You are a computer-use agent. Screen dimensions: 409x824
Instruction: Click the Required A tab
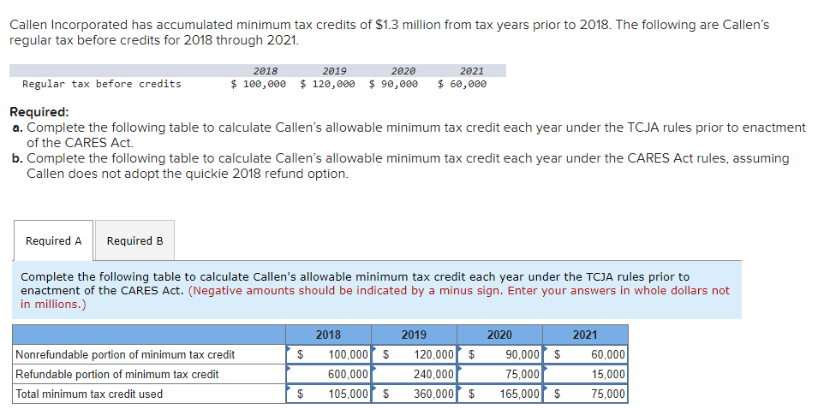tap(54, 241)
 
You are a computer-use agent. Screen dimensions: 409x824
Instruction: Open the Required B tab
tap(134, 241)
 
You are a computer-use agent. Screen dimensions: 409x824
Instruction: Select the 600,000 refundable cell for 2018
tap(339, 374)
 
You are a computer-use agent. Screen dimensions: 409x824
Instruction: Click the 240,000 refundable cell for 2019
tap(425, 374)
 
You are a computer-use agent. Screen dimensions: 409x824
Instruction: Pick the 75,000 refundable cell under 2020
tap(511, 374)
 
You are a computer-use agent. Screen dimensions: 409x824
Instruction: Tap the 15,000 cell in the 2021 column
tap(596, 374)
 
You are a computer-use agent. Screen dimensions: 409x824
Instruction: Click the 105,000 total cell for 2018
tap(339, 394)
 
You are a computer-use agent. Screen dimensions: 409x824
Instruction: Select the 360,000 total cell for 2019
tap(425, 394)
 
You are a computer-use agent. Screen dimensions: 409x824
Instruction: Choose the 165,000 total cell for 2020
tap(511, 394)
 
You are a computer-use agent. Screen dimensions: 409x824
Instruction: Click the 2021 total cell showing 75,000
tap(596, 394)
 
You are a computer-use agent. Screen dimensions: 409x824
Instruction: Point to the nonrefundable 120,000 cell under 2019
tap(425, 354)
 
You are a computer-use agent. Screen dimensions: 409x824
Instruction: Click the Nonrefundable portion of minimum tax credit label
tap(125, 354)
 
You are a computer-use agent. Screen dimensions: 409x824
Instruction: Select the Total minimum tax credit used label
tap(89, 394)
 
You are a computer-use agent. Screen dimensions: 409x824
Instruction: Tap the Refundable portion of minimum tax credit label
tap(117, 374)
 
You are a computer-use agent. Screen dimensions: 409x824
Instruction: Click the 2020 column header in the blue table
tap(499, 335)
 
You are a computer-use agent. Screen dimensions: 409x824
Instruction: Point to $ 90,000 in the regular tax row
tap(394, 84)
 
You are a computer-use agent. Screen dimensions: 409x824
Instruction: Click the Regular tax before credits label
tap(101, 84)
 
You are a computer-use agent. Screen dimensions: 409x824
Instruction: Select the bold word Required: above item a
tap(39, 112)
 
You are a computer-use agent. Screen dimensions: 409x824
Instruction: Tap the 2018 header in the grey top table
tap(266, 71)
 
